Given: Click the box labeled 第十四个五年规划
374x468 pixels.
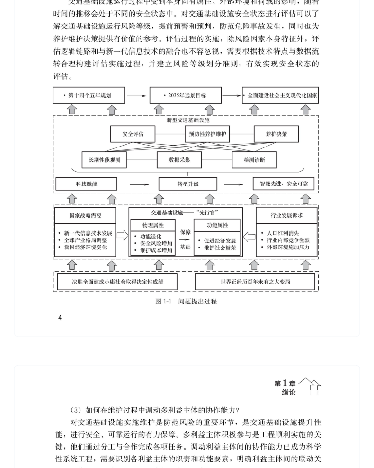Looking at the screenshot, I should pyautogui.click(x=89, y=95).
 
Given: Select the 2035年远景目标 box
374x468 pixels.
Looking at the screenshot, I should pyautogui.click(x=186, y=95).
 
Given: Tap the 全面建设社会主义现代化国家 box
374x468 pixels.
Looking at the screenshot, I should pyautogui.click(x=280, y=95).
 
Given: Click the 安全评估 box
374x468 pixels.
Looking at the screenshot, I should pyautogui.click(x=133, y=134).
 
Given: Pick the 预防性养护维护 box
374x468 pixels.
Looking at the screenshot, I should pyautogui.click(x=207, y=134).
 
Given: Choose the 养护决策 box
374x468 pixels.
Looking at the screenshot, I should pyautogui.click(x=276, y=134).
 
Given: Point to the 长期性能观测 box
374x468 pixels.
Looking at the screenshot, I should pyautogui.click(x=104, y=160).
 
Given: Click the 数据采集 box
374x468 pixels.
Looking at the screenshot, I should pyautogui.click(x=179, y=160).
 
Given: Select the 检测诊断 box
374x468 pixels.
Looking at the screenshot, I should pyautogui.click(x=254, y=160).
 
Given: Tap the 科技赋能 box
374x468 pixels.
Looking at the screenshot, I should pyautogui.click(x=86, y=184).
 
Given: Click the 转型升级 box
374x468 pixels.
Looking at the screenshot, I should pyautogui.click(x=188, y=184).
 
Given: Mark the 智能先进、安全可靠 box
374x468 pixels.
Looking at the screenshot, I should pyautogui.click(x=283, y=184).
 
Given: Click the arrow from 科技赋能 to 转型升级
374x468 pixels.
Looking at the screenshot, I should pyautogui.click(x=137, y=184).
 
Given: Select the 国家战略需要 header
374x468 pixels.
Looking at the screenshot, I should pyautogui.click(x=85, y=215).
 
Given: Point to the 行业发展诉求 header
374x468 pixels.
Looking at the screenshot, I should pyautogui.click(x=286, y=215).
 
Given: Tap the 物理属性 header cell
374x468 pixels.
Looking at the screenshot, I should pyautogui.click(x=153, y=225).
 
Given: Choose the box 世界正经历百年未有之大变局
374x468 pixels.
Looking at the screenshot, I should pyautogui.click(x=255, y=282).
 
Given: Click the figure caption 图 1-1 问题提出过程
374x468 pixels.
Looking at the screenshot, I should pyautogui.click(x=186, y=302).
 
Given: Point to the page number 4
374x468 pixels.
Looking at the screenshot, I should pyautogui.click(x=60, y=318).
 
